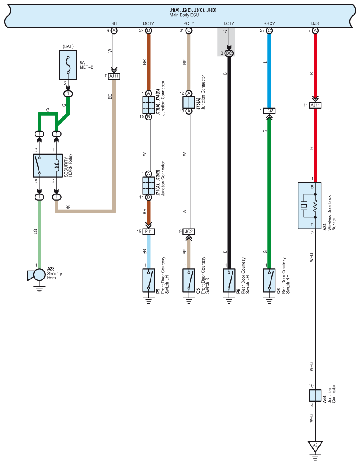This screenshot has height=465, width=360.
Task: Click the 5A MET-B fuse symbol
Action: point(68,65)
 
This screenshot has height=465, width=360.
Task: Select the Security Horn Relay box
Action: point(48,166)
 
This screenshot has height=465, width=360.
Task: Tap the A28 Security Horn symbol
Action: point(37,275)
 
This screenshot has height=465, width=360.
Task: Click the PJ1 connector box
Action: point(149,231)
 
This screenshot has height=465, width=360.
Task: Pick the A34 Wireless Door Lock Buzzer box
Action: point(310,205)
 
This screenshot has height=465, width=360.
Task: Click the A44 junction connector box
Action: point(315,395)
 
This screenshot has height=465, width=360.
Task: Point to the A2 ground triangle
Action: point(315,446)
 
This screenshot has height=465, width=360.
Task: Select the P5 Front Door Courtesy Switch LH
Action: point(149,280)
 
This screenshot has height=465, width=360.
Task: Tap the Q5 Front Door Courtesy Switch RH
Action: point(189,280)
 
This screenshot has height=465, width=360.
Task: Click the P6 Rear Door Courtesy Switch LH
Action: point(229,280)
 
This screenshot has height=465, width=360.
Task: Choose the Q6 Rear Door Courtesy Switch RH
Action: point(269,280)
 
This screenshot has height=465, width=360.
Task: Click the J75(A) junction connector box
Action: point(189,102)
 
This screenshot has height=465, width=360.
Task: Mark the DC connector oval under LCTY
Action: point(229,54)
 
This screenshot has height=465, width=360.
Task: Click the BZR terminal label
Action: point(315,23)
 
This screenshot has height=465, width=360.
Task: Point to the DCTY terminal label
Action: point(149,23)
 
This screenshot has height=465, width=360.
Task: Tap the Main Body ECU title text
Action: point(184,15)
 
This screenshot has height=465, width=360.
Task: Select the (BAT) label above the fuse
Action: point(68,46)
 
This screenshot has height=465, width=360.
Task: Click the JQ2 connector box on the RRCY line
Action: point(269,111)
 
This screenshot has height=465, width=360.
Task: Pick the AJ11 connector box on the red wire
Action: point(315,105)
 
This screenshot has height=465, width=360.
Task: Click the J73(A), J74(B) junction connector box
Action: point(149,105)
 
